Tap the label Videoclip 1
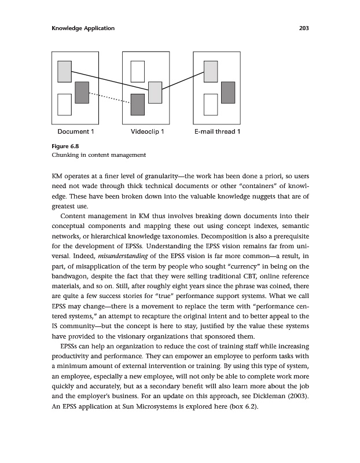point(148,132)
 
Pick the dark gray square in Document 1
point(82,93)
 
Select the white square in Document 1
point(64,105)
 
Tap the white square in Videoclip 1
point(137,71)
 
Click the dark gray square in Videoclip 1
point(137,104)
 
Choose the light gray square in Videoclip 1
point(155,93)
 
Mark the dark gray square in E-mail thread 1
point(229,92)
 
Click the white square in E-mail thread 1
point(211,105)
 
